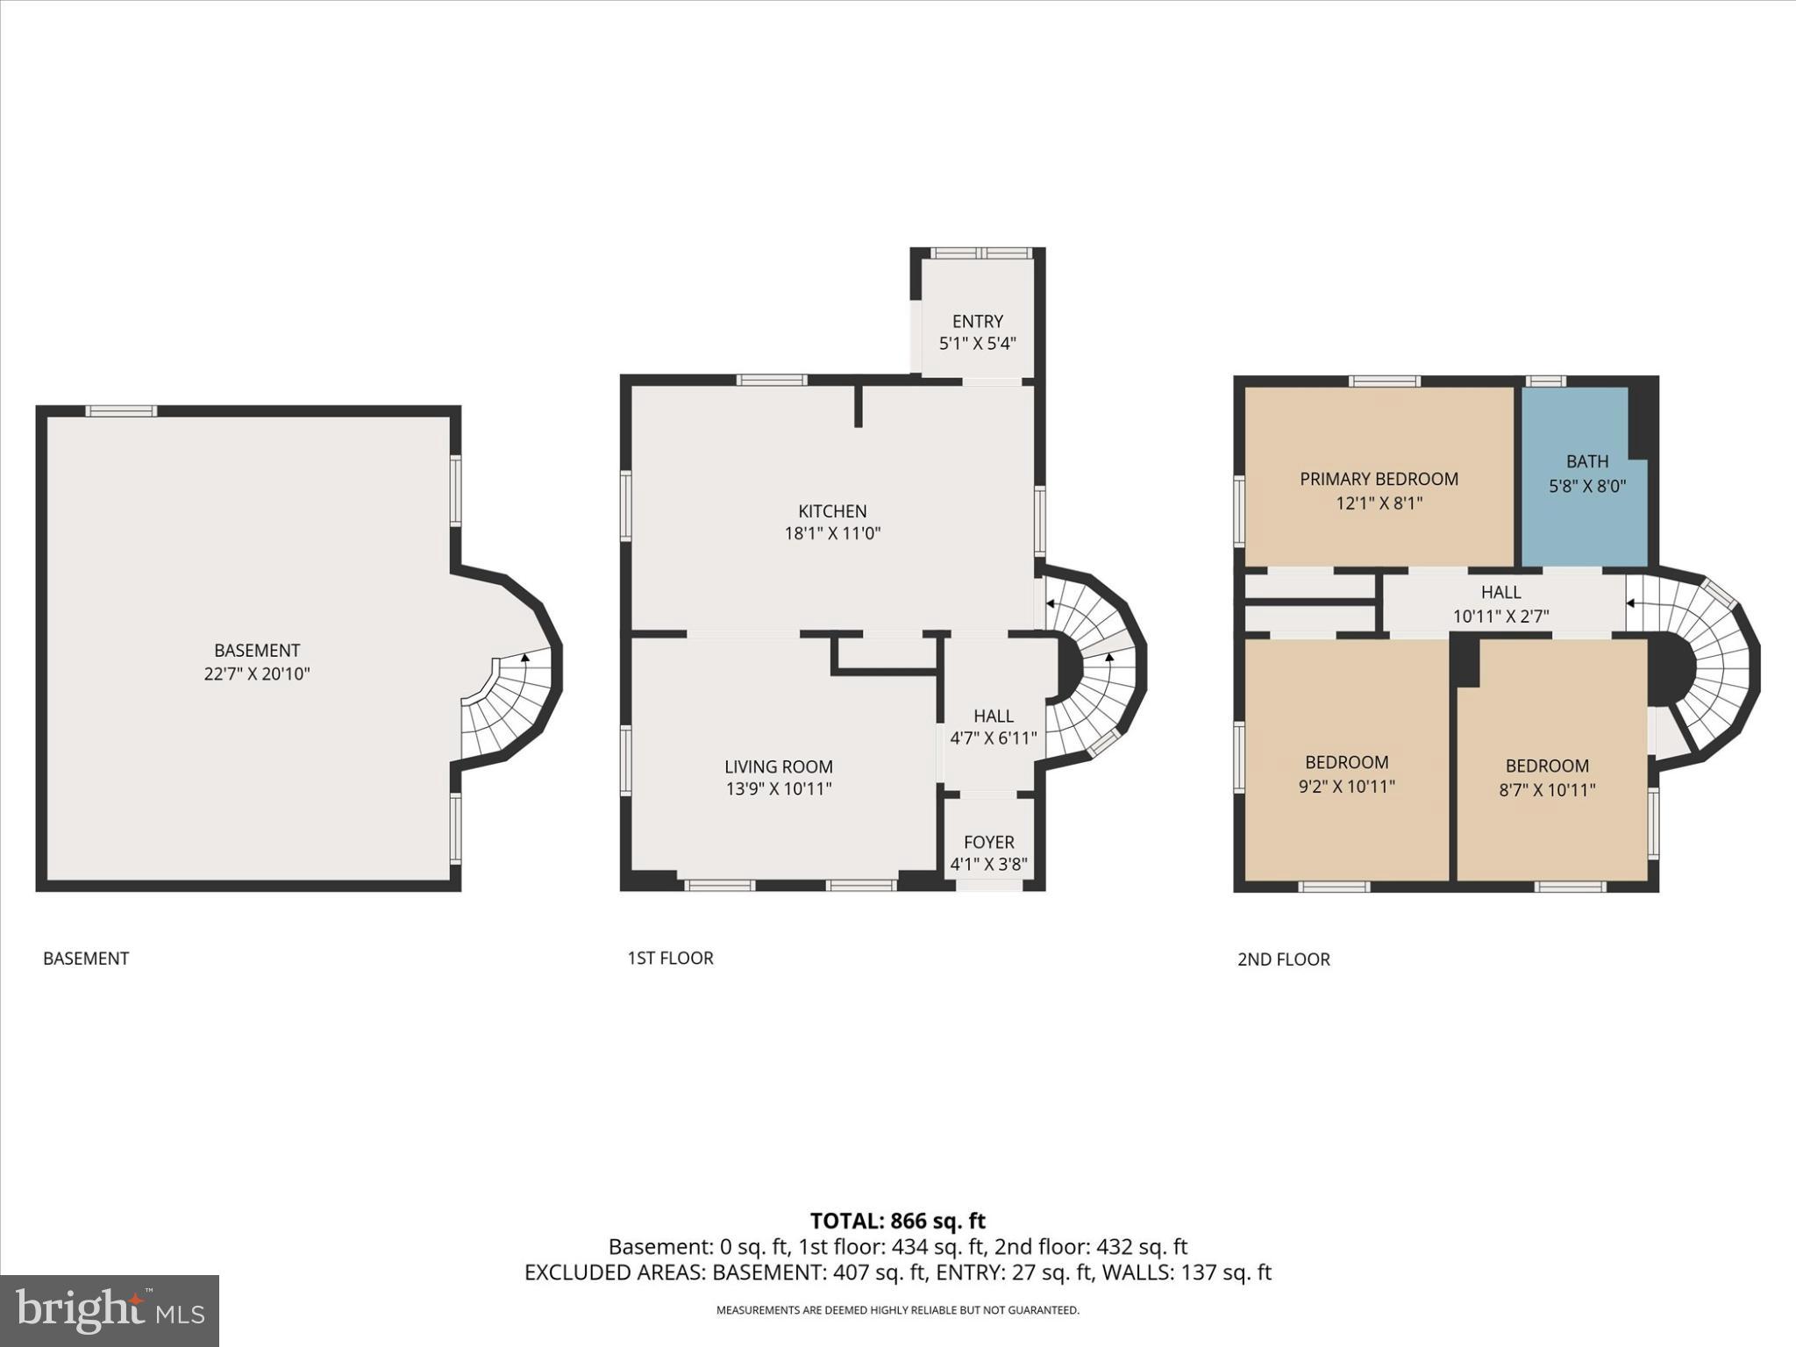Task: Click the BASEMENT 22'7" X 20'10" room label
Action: tap(257, 662)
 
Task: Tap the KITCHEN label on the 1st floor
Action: tap(832, 511)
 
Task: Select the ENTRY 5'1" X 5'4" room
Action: tap(977, 331)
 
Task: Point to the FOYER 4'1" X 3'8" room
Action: tap(988, 852)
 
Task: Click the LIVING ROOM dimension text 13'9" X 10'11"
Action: tap(778, 788)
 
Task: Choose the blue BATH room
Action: tap(1586, 474)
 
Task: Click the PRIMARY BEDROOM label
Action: tap(1379, 479)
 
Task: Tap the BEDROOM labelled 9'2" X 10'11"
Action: tap(1346, 773)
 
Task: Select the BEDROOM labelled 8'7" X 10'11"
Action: tap(1547, 777)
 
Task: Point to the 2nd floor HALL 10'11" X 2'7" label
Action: tap(1500, 603)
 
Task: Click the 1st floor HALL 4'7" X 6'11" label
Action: tap(993, 726)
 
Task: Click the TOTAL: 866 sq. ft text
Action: tap(897, 1221)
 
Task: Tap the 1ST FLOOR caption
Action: tap(670, 958)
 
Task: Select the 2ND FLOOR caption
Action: tap(1283, 959)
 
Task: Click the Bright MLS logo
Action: tap(110, 1310)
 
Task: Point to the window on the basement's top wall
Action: tap(121, 410)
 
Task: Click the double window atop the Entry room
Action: tap(980, 253)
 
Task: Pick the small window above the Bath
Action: tap(1545, 381)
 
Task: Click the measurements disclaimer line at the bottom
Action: tap(897, 1310)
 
